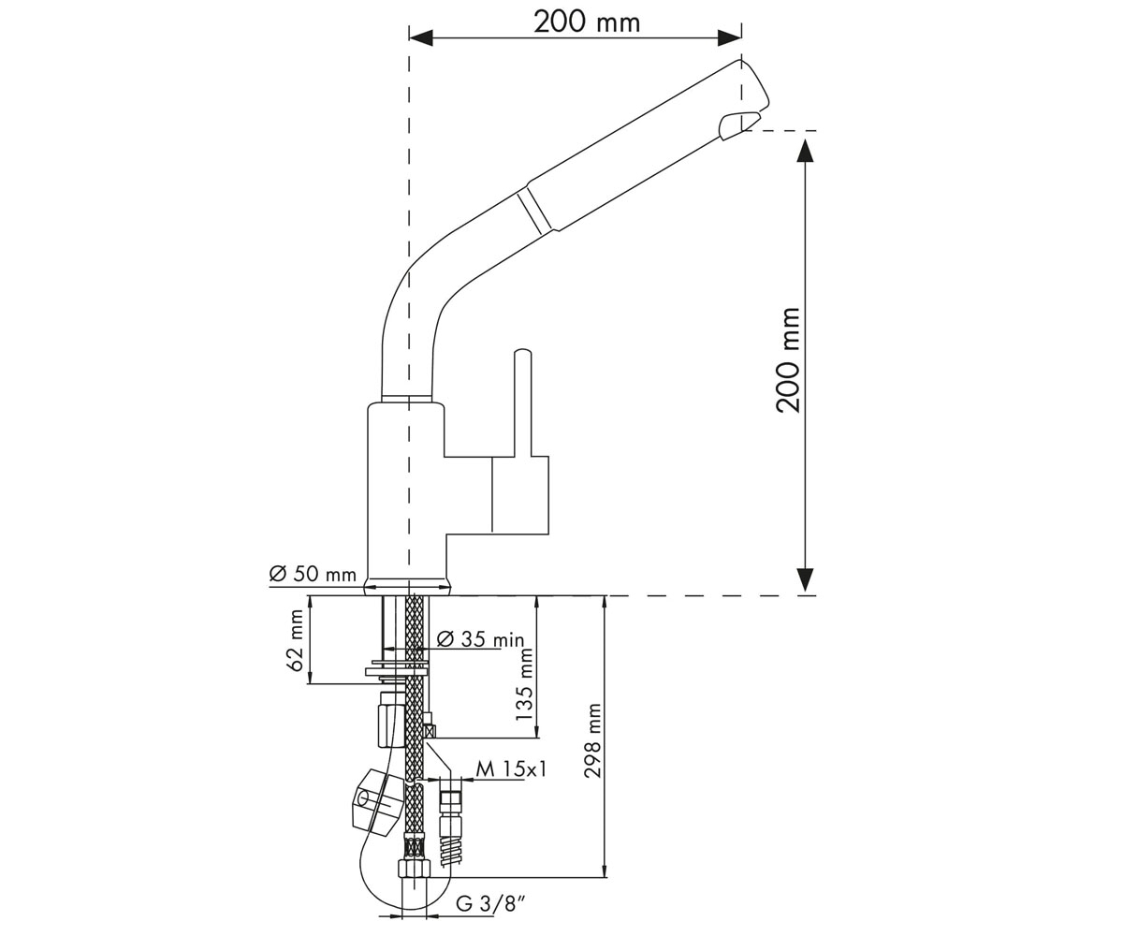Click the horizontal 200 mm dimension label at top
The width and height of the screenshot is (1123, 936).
click(587, 22)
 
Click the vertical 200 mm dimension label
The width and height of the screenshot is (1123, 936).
click(789, 359)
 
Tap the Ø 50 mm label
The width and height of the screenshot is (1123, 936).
click(313, 574)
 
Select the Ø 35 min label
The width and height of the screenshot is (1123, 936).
click(480, 639)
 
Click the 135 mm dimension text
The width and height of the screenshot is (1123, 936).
click(523, 685)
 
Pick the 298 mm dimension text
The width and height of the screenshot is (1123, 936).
click(592, 740)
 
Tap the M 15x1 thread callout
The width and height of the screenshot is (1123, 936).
click(511, 769)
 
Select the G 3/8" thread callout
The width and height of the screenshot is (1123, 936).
click(489, 904)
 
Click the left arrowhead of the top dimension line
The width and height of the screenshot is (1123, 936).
click(420, 38)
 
